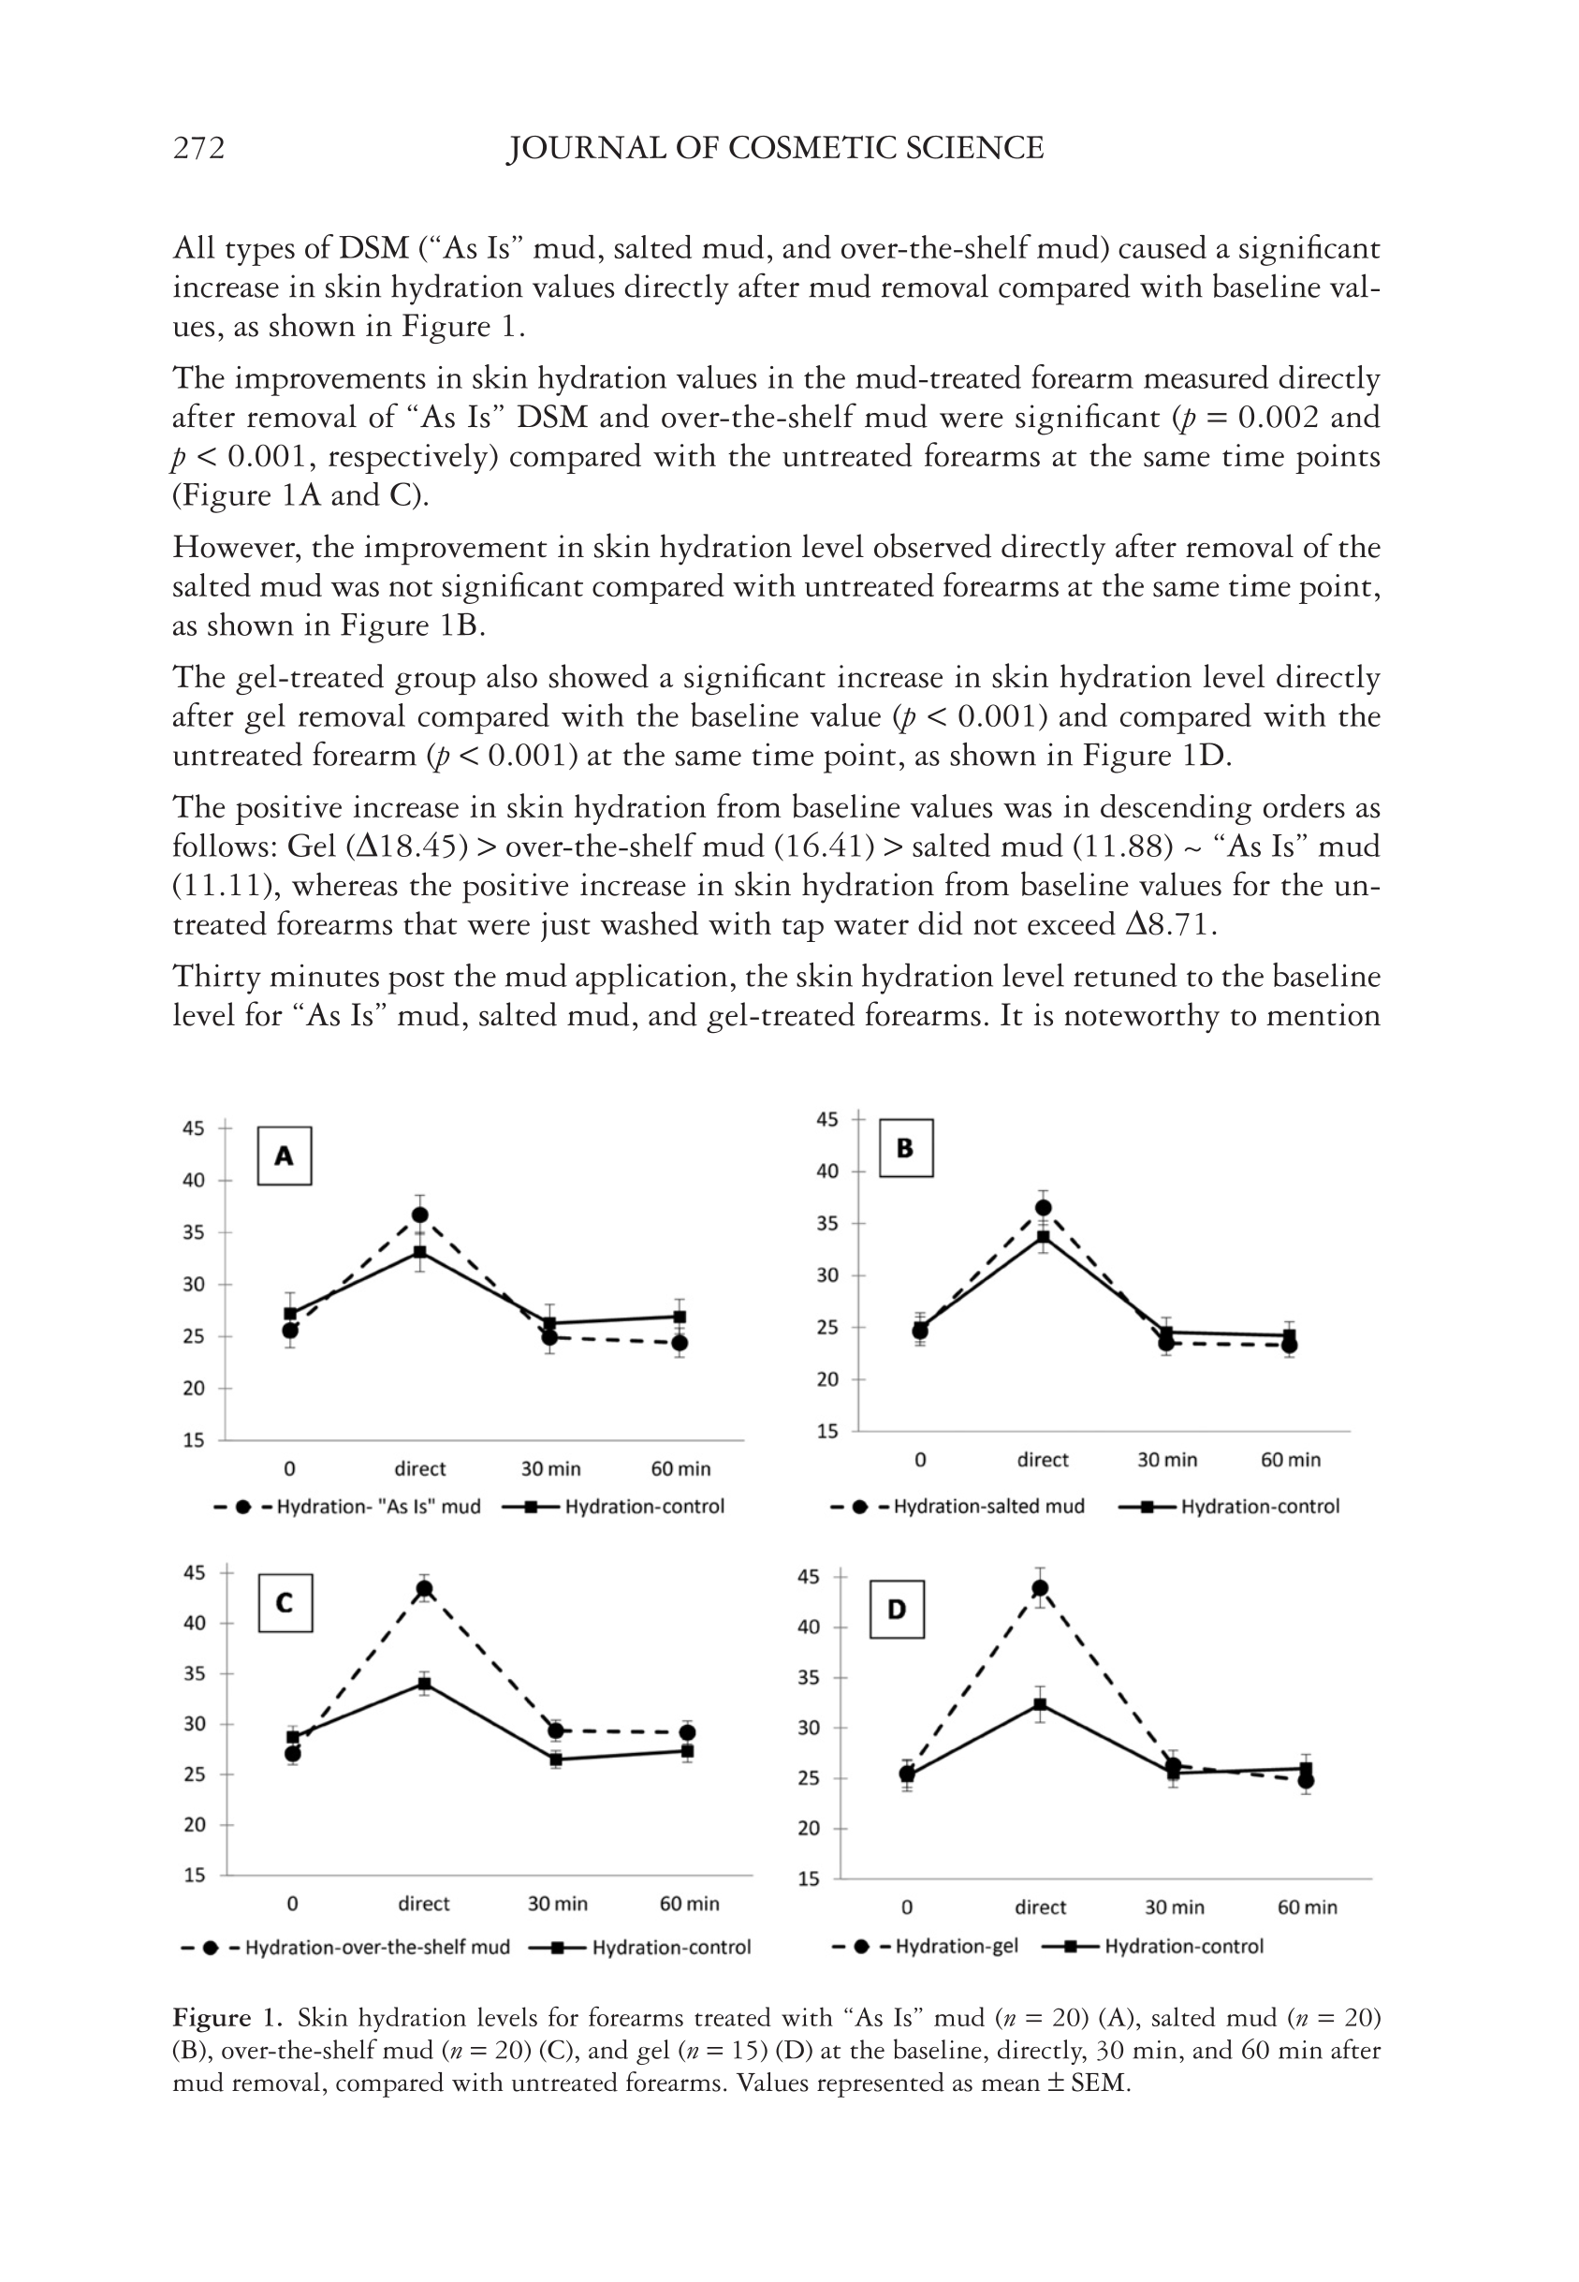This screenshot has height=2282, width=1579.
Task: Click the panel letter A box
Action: (x=284, y=1156)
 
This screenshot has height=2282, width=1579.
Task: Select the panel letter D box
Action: (x=897, y=1609)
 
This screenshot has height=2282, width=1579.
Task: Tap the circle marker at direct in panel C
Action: (x=423, y=1589)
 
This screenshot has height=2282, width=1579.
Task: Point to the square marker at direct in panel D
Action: (x=1040, y=1704)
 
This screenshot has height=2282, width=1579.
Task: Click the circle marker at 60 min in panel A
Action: (x=680, y=1343)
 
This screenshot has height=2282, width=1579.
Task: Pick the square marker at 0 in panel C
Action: (x=293, y=1738)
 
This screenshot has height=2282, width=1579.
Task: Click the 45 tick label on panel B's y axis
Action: (x=827, y=1119)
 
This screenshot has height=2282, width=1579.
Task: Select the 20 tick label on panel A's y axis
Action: (x=193, y=1389)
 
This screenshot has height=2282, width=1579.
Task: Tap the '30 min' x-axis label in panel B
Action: (x=1166, y=1460)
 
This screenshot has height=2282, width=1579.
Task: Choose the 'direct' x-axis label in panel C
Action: (x=423, y=1903)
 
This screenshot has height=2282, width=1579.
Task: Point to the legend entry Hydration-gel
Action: (x=956, y=1947)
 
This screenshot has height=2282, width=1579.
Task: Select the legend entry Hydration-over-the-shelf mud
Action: (x=377, y=1948)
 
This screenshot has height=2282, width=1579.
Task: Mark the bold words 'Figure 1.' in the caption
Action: (x=229, y=2017)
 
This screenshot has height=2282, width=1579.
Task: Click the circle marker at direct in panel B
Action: (x=1043, y=1207)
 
